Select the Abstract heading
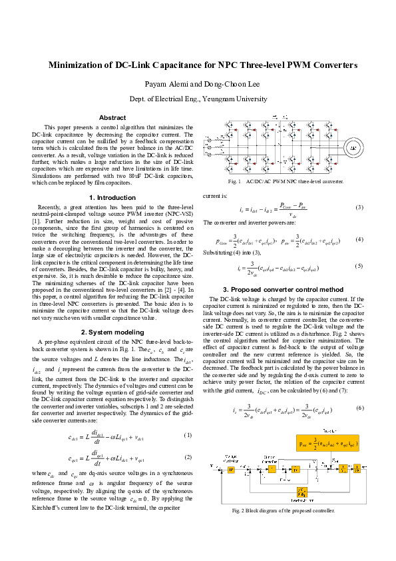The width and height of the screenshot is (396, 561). [112, 117]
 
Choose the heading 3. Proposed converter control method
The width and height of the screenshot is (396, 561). [283, 289]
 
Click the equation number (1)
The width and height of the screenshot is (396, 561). [188, 435]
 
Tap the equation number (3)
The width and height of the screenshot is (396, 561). [359, 208]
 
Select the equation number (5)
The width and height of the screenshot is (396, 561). [359, 266]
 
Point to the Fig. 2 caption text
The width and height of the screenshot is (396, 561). [283, 530]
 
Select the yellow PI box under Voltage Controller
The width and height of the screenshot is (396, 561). [232, 488]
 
